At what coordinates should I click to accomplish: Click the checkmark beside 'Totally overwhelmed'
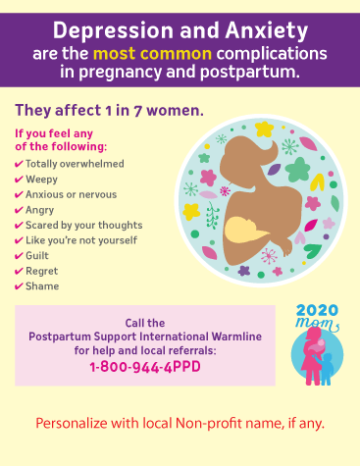coord(19,163)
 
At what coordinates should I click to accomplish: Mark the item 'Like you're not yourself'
coord(80,240)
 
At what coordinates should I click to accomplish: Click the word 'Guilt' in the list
coord(39,255)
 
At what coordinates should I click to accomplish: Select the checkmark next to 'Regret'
coord(19,271)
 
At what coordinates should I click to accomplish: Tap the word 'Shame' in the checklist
coord(43,286)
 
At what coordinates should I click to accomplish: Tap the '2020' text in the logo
coord(316,310)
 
